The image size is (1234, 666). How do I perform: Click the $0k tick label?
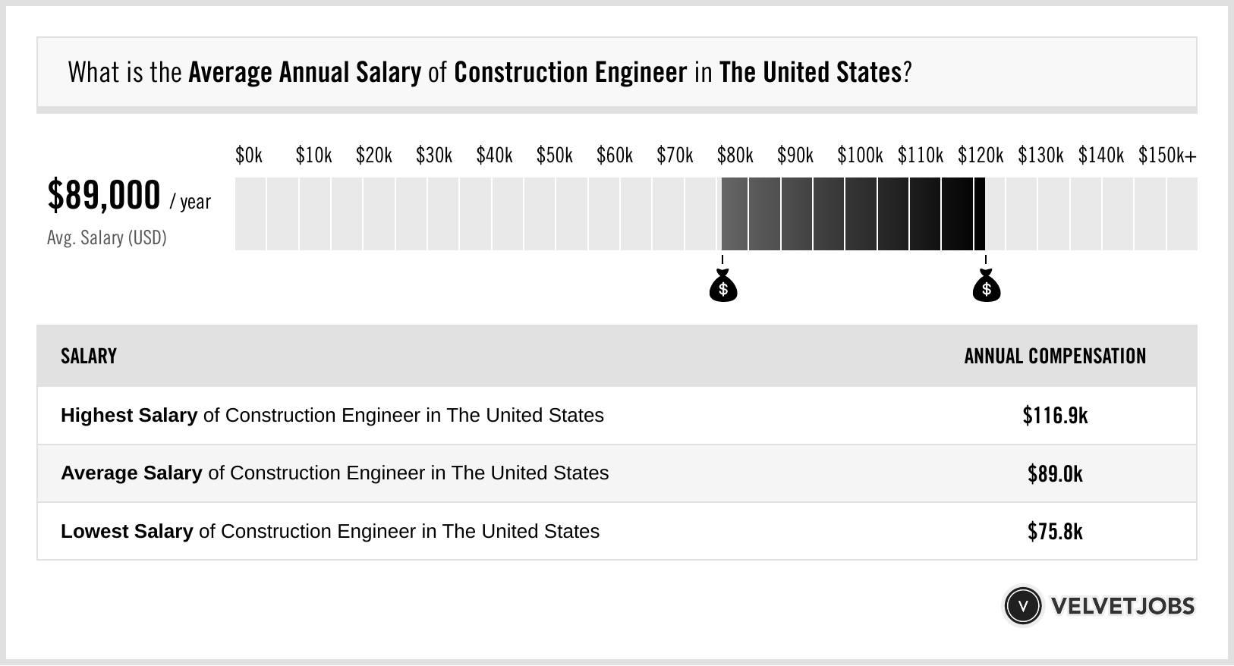click(249, 156)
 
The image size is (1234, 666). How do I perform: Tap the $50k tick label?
click(554, 156)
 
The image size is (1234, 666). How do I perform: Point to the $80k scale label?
click(735, 156)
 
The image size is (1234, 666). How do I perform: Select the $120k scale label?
click(980, 156)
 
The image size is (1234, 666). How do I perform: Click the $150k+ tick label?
click(1166, 156)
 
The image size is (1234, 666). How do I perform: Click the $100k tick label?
click(859, 156)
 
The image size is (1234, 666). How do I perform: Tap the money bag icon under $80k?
click(723, 286)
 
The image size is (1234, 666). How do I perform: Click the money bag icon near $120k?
click(987, 286)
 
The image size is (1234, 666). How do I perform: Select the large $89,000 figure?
click(104, 196)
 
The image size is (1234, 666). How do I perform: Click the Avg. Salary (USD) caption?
click(106, 238)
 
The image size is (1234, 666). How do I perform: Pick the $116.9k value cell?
click(1055, 416)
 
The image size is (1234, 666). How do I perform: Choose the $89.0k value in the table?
click(1055, 474)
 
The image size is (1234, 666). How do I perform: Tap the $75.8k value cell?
click(1055, 532)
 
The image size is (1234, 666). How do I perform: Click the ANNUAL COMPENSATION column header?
click(1055, 357)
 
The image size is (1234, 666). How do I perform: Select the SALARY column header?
click(89, 357)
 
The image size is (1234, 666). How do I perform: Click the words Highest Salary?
click(129, 416)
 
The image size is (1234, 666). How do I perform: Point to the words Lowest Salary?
click(127, 532)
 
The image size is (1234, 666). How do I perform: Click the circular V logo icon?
click(1022, 606)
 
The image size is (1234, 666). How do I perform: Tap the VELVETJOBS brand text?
click(1122, 606)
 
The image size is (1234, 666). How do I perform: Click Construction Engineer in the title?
click(570, 73)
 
